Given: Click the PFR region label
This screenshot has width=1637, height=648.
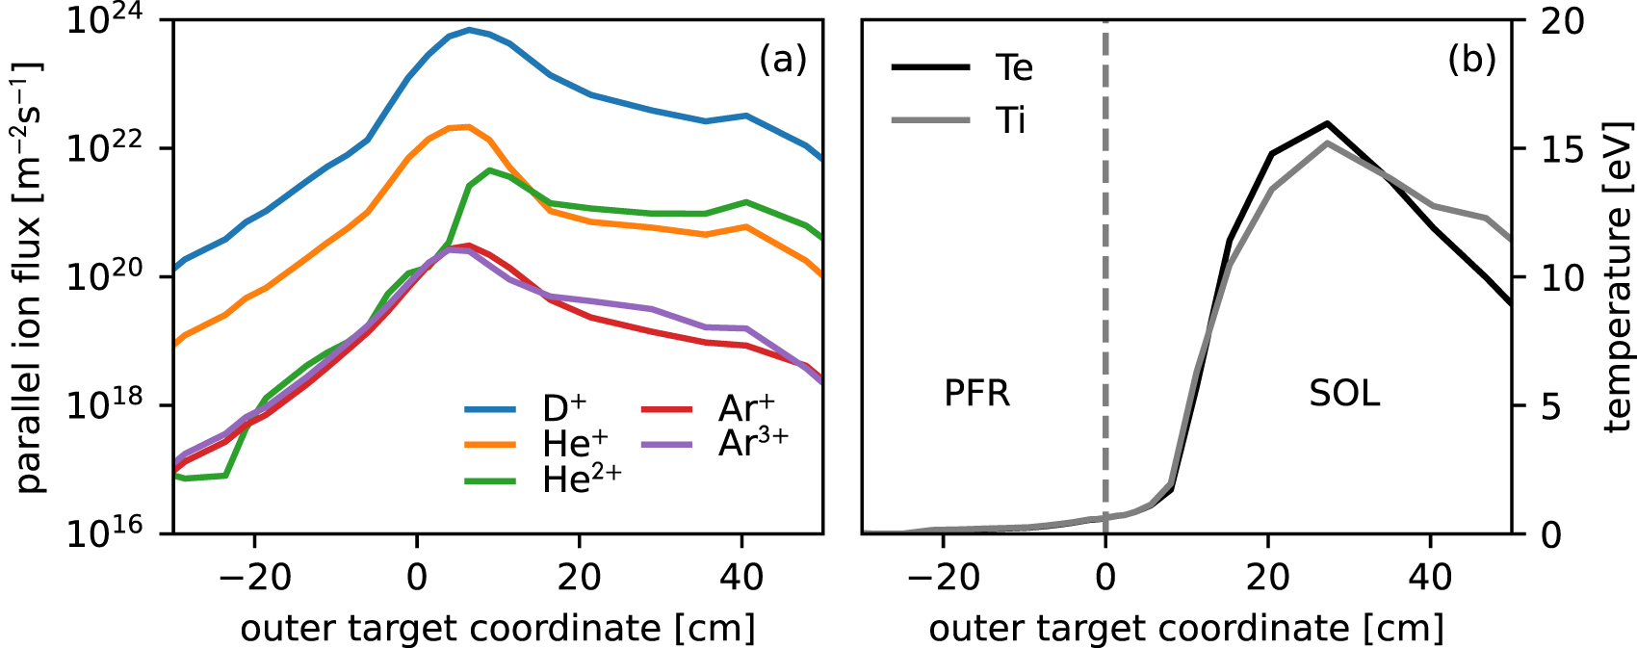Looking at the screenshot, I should (x=976, y=394).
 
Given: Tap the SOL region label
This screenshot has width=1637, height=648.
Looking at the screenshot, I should (x=1344, y=394).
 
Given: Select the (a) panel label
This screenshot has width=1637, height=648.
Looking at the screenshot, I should (x=782, y=60).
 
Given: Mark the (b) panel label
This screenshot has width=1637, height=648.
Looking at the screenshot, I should (x=1471, y=60).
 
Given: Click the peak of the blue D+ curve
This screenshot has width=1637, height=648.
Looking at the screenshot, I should (x=469, y=30).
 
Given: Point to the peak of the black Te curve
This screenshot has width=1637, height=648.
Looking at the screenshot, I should (x=1327, y=123).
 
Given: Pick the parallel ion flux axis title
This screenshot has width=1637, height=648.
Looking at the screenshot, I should (x=29, y=277).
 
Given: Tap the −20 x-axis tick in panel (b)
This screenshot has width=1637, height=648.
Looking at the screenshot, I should (x=944, y=578).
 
